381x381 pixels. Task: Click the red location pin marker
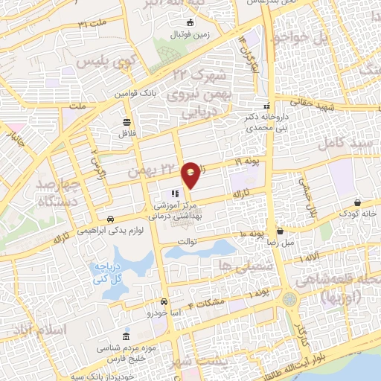(191, 174)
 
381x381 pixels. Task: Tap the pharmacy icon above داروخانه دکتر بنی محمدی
(267, 106)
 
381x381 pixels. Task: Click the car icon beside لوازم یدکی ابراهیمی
(110, 220)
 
